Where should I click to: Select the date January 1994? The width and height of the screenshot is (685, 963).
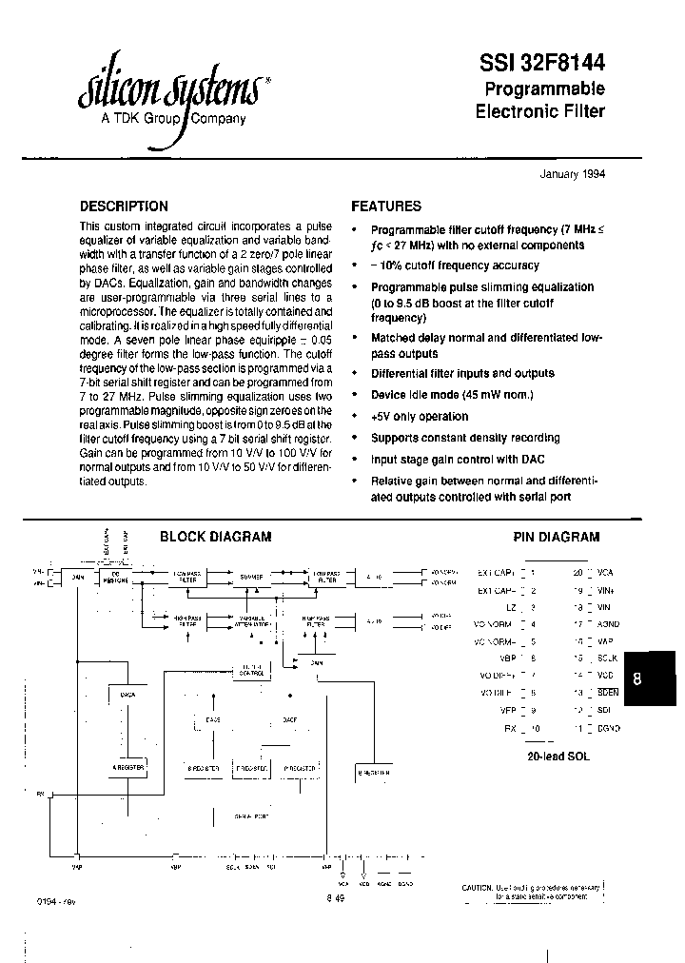click(x=572, y=174)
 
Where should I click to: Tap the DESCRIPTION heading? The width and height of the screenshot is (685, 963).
click(x=124, y=206)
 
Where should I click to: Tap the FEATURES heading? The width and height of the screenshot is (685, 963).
click(x=386, y=206)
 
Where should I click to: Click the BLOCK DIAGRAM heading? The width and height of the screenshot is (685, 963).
click(x=215, y=537)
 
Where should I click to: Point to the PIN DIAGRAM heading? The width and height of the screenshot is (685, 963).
click(x=557, y=537)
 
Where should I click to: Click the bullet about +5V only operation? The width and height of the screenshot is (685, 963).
click(x=419, y=416)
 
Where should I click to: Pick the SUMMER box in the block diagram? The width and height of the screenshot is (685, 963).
click(x=252, y=577)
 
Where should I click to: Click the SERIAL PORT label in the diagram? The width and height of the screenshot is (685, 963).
click(x=253, y=816)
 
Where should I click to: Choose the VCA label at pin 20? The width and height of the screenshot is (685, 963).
click(x=605, y=573)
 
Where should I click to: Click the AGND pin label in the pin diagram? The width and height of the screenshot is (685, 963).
click(x=608, y=624)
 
